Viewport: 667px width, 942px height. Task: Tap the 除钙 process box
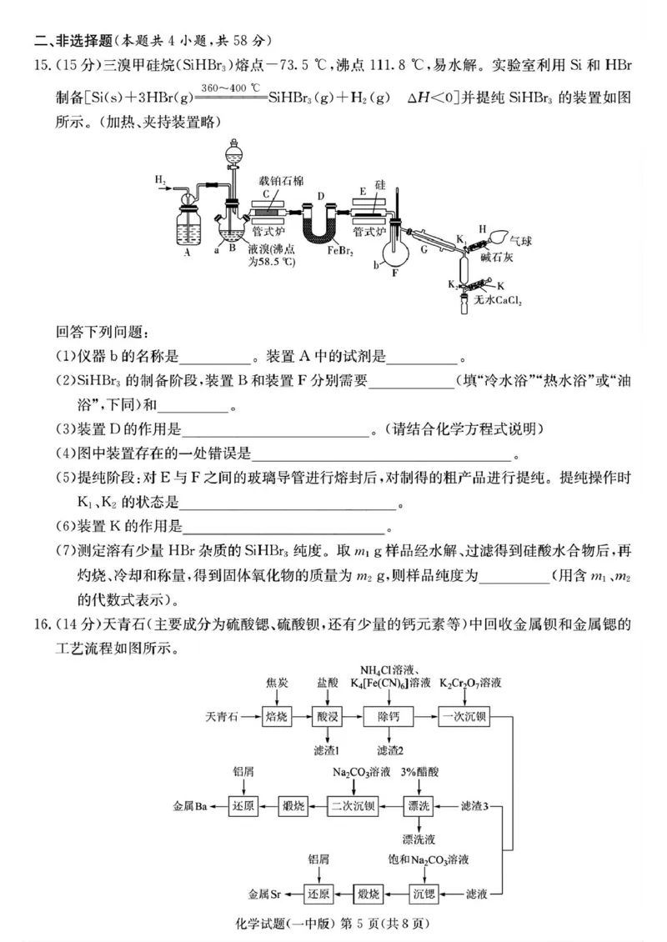pos(389,716)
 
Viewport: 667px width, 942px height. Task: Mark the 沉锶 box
pos(425,894)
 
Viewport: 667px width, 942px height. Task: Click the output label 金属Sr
pos(264,894)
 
